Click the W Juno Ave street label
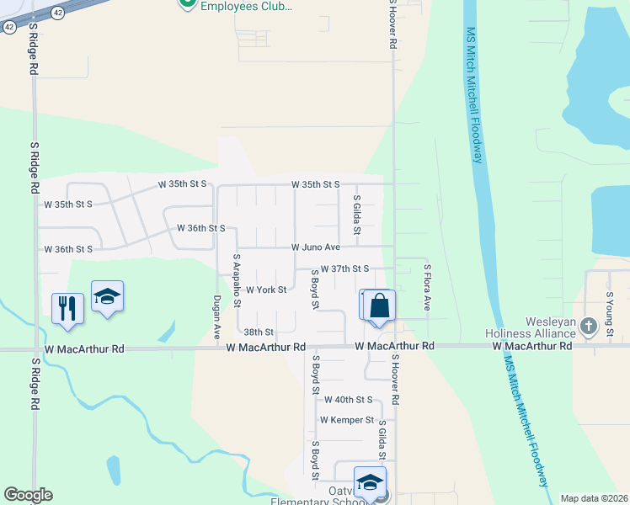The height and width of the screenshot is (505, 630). (315, 247)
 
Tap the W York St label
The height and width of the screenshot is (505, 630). (266, 290)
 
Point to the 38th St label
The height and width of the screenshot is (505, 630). (258, 332)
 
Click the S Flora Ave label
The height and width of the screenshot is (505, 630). (427, 287)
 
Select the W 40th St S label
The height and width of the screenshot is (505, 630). (348, 399)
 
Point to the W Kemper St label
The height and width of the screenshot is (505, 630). (346, 419)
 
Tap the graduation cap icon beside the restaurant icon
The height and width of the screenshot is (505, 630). (107, 296)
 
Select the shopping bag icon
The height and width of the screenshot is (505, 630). (380, 306)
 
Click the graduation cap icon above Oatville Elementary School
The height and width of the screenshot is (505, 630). (369, 482)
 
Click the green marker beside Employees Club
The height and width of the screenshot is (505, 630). (187, 3)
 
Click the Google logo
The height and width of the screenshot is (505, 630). (28, 495)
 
